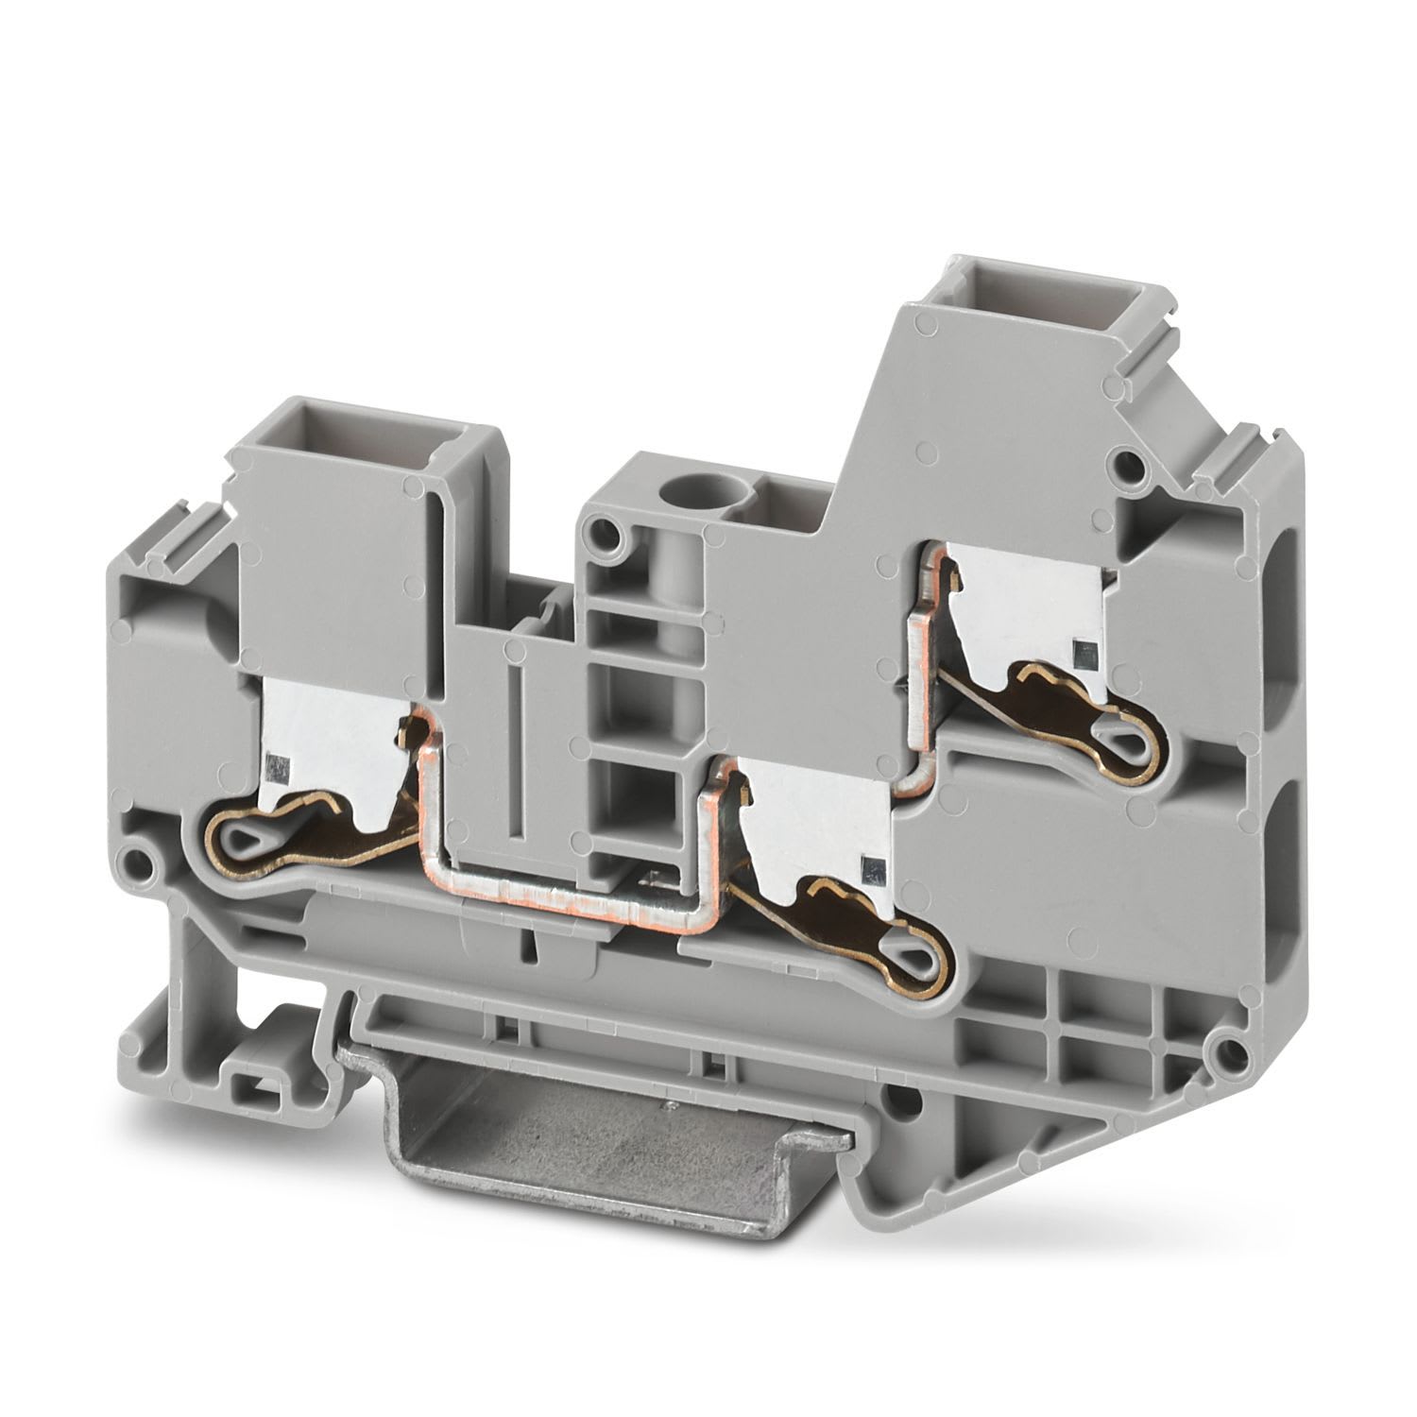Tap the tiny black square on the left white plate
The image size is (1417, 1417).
pyautogui.click(x=275, y=762)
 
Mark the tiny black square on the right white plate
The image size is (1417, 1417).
pyautogui.click(x=1082, y=649)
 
